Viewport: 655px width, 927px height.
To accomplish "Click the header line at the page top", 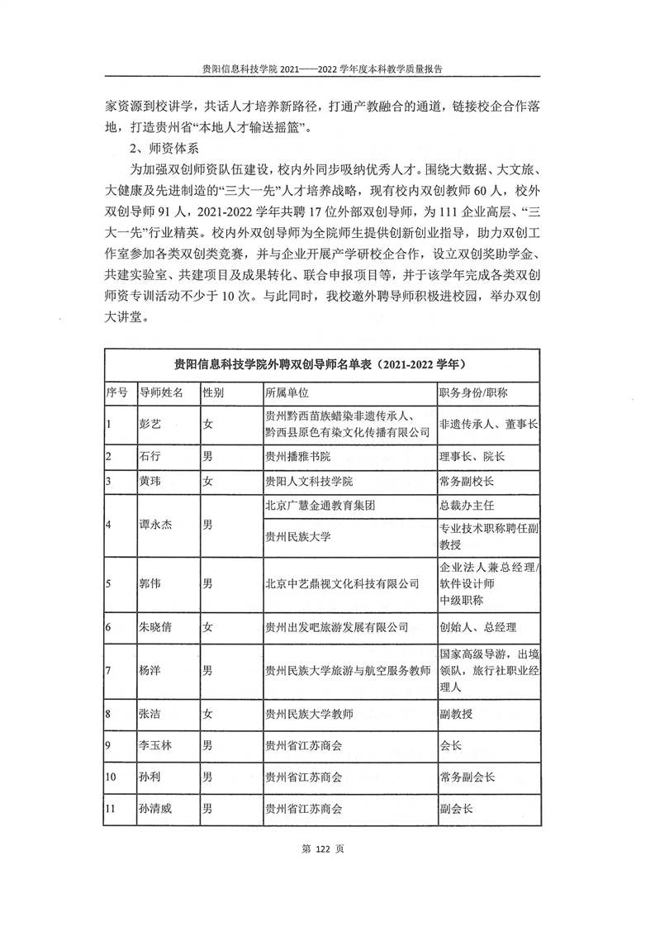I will coord(327,70).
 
